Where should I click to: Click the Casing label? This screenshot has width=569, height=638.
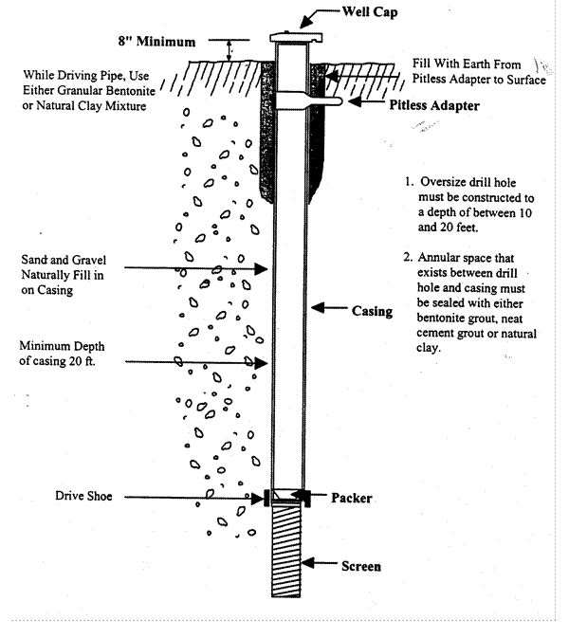point(372,310)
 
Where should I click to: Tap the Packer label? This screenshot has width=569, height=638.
point(352,497)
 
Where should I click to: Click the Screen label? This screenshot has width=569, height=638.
point(361,567)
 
